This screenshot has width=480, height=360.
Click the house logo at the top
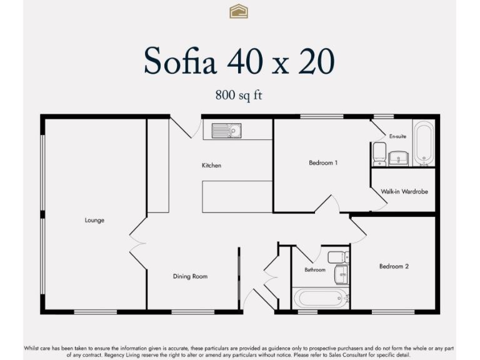click(x=239, y=11)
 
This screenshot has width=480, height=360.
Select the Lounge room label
click(x=94, y=220)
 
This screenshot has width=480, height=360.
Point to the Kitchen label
click(x=211, y=166)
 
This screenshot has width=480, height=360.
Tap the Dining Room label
click(x=190, y=276)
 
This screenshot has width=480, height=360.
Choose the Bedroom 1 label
click(x=323, y=163)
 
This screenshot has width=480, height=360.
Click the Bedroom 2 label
click(x=394, y=266)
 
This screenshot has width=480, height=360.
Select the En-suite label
click(x=397, y=136)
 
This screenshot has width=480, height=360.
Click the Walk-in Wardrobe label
click(x=404, y=192)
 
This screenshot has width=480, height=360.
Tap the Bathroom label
click(x=315, y=270)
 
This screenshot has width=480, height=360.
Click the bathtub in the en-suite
click(x=424, y=143)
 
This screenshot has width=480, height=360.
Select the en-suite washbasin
click(x=398, y=158)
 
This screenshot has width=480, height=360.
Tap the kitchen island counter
click(x=237, y=196)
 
